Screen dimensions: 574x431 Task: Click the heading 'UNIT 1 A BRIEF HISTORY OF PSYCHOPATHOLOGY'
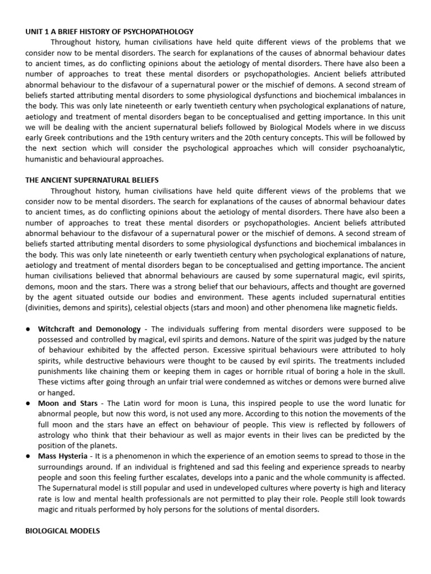(x=109, y=31)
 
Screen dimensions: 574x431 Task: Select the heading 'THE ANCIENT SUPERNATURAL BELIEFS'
(x=92, y=180)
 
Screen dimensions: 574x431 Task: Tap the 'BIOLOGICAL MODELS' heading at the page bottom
(x=62, y=530)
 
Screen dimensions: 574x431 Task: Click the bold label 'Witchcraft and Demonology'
(x=89, y=328)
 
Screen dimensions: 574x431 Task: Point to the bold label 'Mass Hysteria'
(x=62, y=456)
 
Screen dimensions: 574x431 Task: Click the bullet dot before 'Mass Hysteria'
(x=27, y=456)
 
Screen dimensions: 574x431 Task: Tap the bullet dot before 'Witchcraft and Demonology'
(x=27, y=328)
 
